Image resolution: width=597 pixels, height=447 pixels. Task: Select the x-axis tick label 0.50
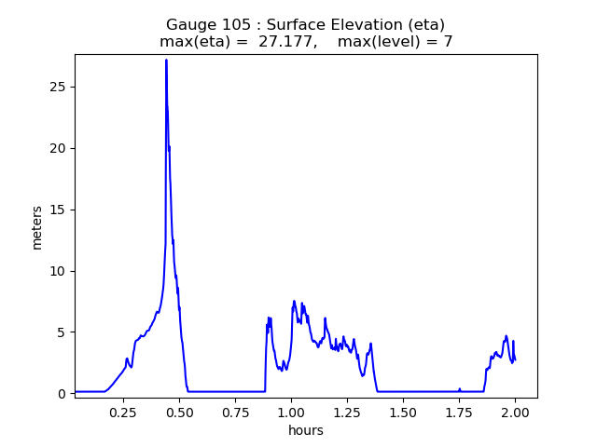click(179, 412)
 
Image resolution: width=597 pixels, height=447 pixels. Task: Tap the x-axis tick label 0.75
click(235, 412)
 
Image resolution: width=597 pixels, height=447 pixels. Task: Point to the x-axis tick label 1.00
click(291, 412)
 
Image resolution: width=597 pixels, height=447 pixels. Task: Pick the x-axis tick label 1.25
click(347, 412)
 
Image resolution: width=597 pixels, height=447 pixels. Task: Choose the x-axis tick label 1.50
click(403, 412)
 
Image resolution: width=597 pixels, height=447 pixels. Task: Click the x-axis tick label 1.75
click(459, 412)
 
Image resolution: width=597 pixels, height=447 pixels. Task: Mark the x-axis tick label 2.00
click(515, 412)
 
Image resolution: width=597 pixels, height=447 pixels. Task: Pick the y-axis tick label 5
click(62, 332)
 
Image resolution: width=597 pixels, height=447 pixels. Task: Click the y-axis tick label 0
click(62, 394)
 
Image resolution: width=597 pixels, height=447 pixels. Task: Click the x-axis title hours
click(306, 430)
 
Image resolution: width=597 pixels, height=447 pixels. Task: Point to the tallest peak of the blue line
click(166, 60)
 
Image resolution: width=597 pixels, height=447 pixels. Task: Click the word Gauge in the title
click(191, 24)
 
